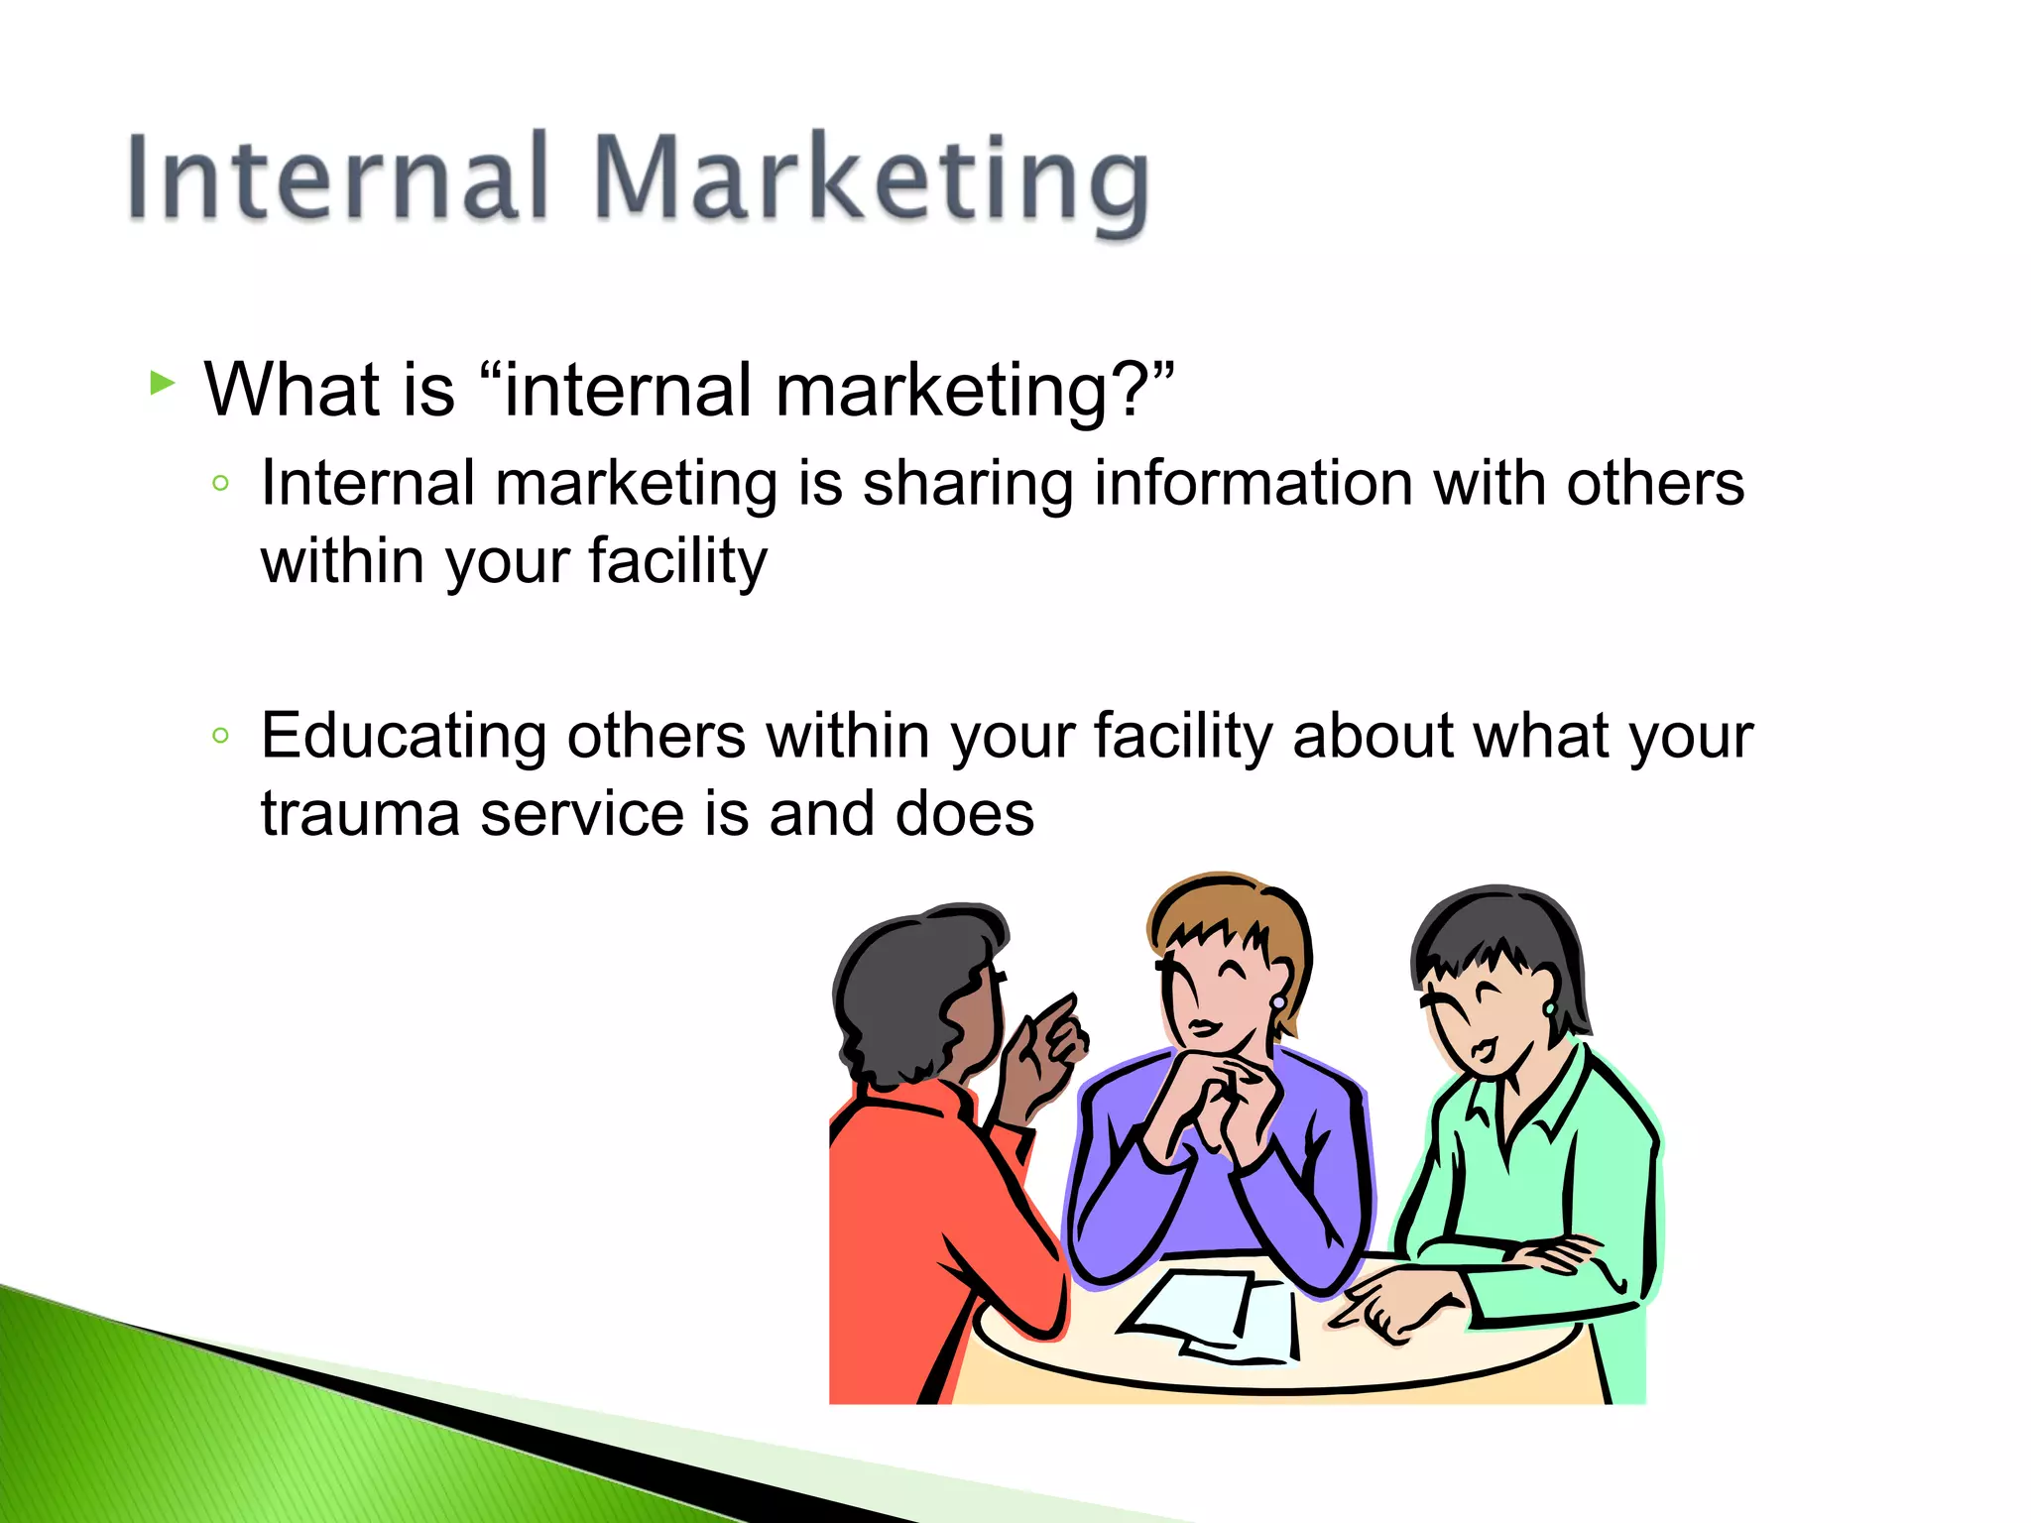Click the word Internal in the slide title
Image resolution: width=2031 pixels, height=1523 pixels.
337,178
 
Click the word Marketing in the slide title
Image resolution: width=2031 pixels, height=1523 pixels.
873,183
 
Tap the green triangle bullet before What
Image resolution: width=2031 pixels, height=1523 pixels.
162,383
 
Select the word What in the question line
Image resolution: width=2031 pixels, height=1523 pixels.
293,389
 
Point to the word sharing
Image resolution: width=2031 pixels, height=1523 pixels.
968,486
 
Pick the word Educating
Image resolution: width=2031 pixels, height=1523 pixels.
403,739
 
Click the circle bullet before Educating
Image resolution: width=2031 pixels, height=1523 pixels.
221,736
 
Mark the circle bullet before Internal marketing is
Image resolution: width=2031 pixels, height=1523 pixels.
221,484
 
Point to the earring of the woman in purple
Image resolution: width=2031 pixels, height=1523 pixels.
1278,1002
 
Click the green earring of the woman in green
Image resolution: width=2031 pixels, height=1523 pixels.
1549,1008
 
